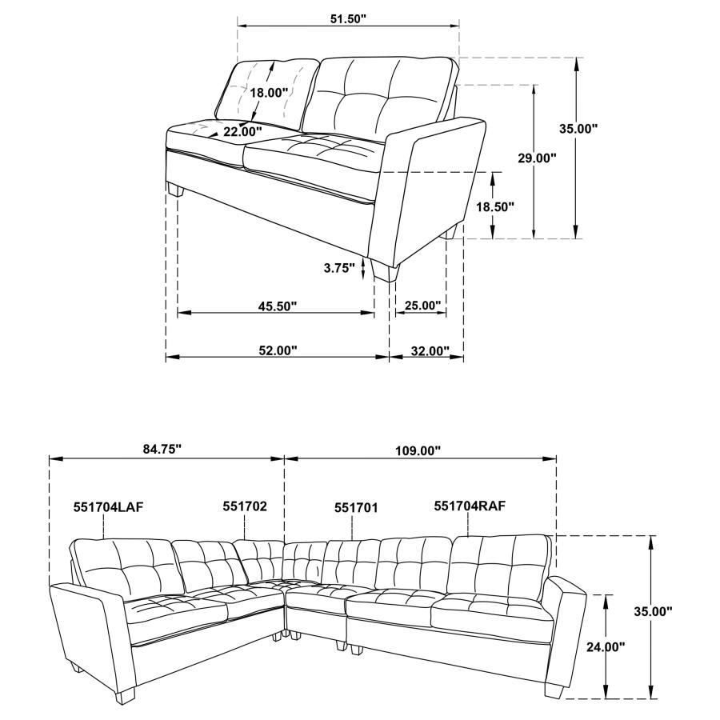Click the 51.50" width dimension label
[x=348, y=18]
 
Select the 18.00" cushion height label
[x=269, y=92]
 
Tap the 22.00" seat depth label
[x=242, y=131]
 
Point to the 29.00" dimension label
[x=536, y=158]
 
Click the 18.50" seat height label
[x=494, y=206]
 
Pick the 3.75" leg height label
[x=338, y=269]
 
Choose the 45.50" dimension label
[x=277, y=306]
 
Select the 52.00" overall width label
[x=277, y=350]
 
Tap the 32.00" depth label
[x=426, y=350]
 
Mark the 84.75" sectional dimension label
[x=162, y=450]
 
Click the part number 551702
[x=245, y=506]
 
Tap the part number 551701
[x=356, y=507]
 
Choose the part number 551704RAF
[x=470, y=506]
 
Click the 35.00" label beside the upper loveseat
[x=578, y=128]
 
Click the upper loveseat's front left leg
[x=177, y=191]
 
